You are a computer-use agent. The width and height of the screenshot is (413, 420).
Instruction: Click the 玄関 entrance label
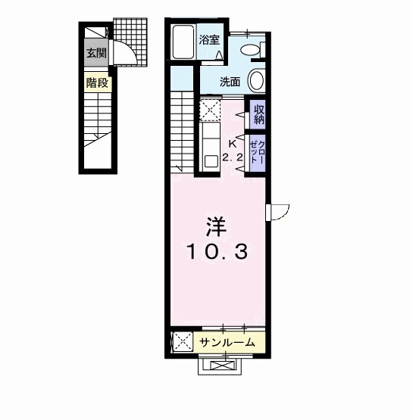(96, 53)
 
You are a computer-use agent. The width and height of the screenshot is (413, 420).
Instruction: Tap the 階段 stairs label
(96, 83)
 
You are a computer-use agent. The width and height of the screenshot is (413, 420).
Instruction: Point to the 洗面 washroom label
(230, 82)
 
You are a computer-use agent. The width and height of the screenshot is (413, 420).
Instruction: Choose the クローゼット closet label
(258, 154)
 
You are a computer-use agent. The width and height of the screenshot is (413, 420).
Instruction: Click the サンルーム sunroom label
(227, 343)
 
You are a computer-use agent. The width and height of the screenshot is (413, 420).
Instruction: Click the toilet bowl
(249, 49)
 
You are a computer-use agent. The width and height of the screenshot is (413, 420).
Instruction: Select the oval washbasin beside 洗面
(256, 82)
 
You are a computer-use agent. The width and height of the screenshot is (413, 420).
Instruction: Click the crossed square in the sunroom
(183, 343)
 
